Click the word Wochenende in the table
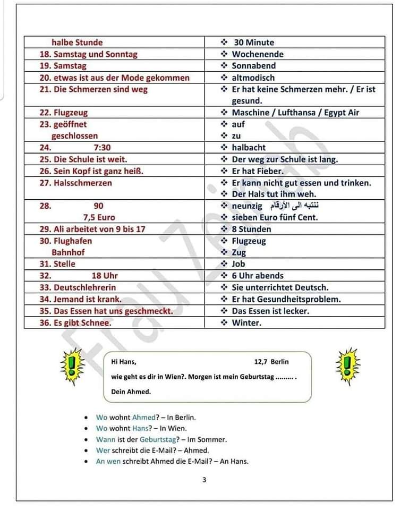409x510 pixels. click(258, 54)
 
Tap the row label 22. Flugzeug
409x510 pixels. click(64, 113)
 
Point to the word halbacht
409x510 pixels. click(249, 148)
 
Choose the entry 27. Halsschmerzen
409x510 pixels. click(76, 183)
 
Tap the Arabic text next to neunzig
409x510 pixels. click(294, 206)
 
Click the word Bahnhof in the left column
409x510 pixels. click(68, 252)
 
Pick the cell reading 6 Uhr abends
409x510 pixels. click(258, 276)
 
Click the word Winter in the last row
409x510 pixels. click(246, 322)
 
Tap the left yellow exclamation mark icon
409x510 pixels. click(72, 365)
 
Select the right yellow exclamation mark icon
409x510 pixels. click(348, 365)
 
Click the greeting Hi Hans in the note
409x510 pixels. click(124, 362)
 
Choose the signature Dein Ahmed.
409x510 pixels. click(131, 392)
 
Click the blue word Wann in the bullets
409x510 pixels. click(105, 439)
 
